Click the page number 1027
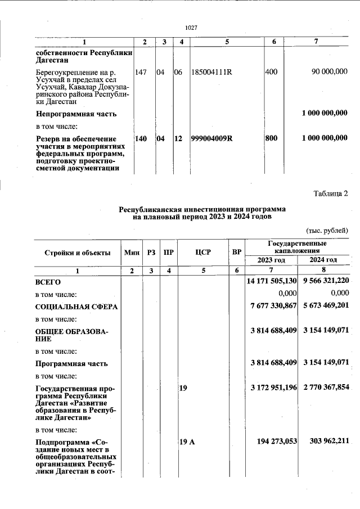[x=191, y=28]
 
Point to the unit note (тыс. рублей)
[x=327, y=230]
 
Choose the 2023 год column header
[x=272, y=260]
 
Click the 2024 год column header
[x=323, y=260]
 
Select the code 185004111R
[x=211, y=71]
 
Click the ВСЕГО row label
[x=48, y=282]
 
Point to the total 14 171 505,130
[x=272, y=281]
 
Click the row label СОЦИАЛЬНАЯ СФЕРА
[x=72, y=307]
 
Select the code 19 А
[x=187, y=443]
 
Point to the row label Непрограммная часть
[x=76, y=114]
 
